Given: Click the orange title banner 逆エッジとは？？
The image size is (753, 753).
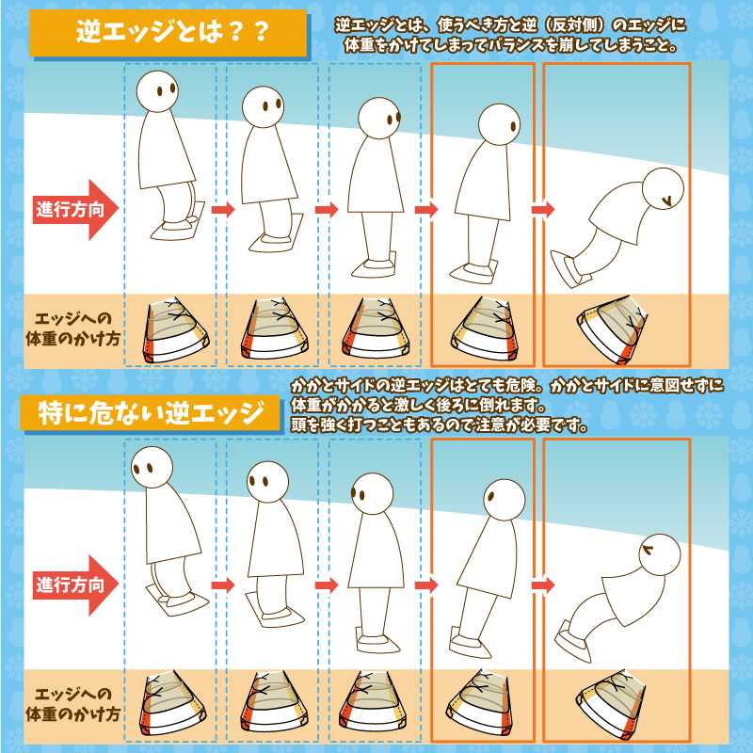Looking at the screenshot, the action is (168, 33).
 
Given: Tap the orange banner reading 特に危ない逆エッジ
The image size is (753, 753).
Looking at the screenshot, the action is (151, 413).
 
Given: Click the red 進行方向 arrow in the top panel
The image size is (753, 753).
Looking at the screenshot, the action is (75, 209).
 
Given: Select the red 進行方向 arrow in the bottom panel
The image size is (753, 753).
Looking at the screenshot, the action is (75, 585).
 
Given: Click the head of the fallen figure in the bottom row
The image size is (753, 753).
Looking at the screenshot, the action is (660, 553).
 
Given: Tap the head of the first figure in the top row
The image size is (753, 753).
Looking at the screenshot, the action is (157, 91).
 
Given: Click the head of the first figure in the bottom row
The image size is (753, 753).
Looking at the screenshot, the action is (152, 468).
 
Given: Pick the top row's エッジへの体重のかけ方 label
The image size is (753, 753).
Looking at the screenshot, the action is (72, 329).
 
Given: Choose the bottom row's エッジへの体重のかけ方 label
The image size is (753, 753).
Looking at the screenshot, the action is (72, 705).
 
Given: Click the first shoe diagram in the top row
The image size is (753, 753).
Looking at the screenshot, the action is (176, 331).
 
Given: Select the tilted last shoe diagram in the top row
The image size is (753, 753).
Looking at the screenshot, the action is (613, 331).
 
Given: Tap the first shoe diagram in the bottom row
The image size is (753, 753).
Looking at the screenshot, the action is (176, 704).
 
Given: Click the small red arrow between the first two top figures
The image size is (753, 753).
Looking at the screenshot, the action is (223, 209).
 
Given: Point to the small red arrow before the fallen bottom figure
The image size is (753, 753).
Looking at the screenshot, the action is (543, 585).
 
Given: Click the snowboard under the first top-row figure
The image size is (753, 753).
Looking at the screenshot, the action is (179, 221).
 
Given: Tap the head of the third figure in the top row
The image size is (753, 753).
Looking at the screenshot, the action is (379, 119).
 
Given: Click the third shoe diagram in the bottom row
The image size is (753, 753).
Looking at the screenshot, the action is (375, 704).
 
